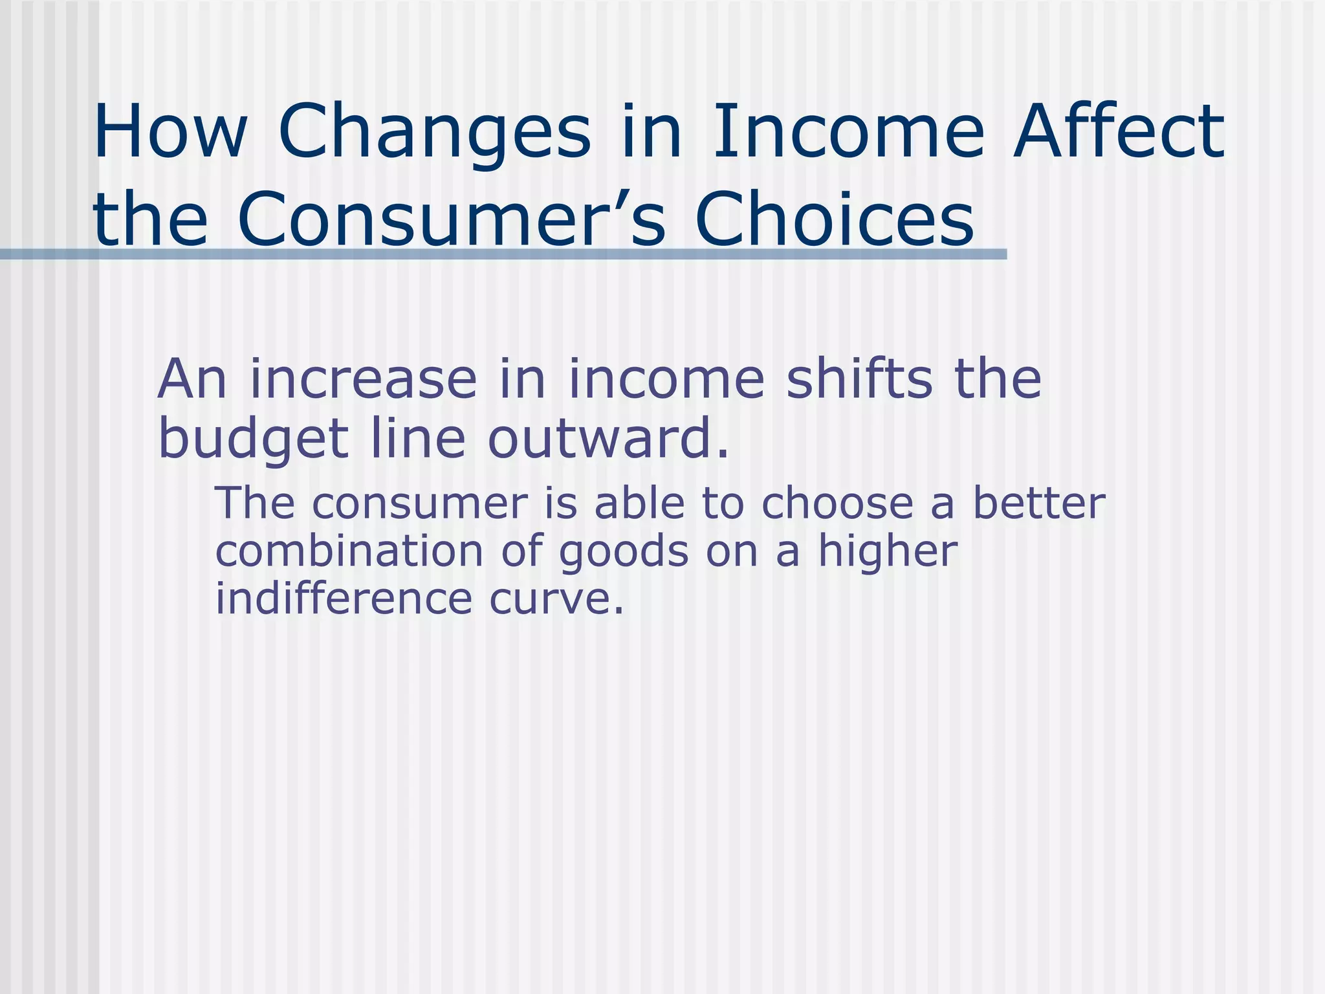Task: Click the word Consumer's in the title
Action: point(451,220)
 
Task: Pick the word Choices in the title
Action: point(834,220)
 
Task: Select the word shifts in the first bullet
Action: point(859,380)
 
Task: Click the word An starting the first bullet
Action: point(192,380)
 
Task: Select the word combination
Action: point(349,551)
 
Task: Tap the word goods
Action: point(624,551)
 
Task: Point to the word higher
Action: point(888,551)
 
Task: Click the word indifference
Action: point(344,599)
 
